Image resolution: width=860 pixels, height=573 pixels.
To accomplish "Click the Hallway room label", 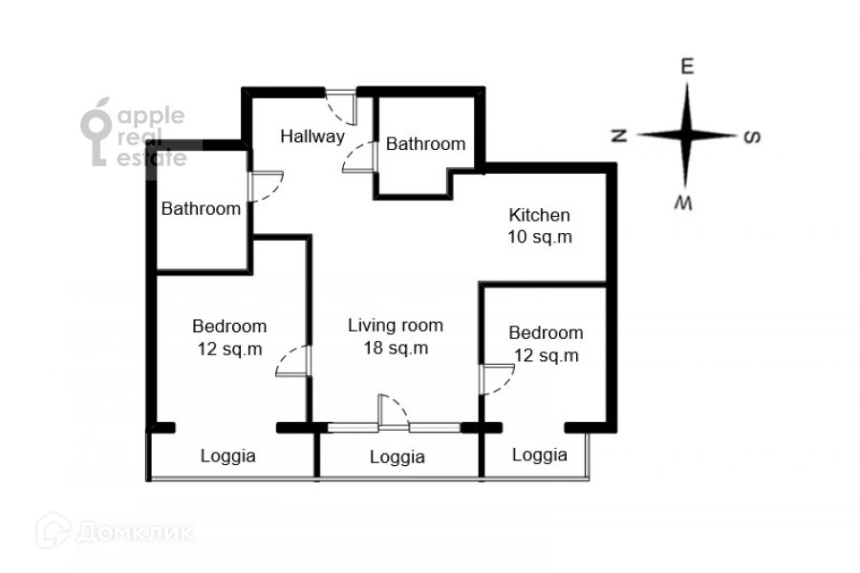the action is click(312, 137).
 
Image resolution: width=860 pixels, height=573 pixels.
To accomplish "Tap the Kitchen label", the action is click(539, 215).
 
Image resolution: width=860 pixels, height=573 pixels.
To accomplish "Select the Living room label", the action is click(395, 326).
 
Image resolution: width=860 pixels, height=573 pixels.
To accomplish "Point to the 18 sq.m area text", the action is click(395, 349).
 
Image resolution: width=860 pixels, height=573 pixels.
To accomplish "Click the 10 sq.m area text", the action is click(539, 238).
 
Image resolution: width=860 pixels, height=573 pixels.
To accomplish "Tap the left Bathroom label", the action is click(201, 208).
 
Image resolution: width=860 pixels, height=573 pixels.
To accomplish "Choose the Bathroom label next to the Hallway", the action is click(425, 144).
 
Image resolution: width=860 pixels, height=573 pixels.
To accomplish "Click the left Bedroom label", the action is click(229, 326).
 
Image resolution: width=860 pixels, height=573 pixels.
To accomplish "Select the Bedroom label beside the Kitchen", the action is click(546, 333).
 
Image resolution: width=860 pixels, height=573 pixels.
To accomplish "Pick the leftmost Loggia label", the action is click(227, 456).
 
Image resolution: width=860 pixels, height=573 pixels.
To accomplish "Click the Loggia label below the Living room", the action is click(397, 457).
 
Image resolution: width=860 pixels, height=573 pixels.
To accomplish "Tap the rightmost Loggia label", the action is click(539, 456).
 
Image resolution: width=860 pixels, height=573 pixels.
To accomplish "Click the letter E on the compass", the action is click(686, 68).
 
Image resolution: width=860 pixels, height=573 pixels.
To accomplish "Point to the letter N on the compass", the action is click(618, 136).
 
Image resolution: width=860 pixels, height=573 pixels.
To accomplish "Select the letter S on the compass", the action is click(752, 136).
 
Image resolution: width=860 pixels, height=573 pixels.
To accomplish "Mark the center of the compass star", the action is click(686, 135).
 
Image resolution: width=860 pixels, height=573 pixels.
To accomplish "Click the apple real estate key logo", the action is click(97, 135).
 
